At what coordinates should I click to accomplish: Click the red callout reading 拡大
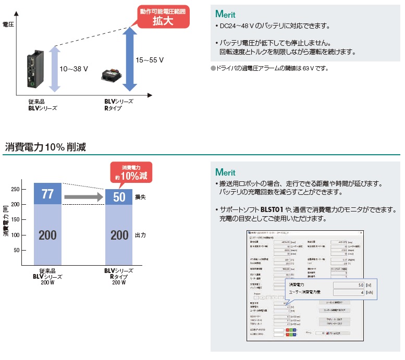162,17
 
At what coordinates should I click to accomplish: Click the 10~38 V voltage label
74,69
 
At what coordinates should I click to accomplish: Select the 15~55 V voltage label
149,60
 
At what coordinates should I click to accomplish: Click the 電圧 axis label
8,24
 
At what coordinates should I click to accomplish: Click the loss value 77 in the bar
47,194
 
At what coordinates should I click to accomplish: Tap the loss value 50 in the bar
119,197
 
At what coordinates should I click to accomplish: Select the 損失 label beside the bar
140,197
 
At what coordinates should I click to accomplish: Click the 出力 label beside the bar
140,235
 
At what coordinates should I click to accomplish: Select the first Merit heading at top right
225,14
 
